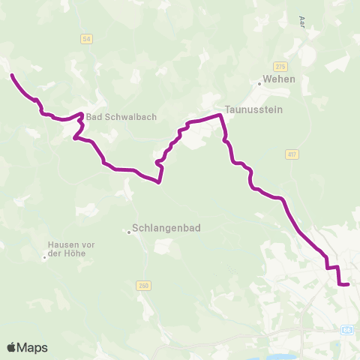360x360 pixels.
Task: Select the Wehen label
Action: coord(279,79)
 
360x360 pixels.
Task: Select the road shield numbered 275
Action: coord(280,66)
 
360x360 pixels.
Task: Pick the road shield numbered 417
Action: coord(292,154)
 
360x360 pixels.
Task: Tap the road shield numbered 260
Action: coord(144,285)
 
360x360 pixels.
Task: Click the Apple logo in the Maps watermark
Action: coord(13,347)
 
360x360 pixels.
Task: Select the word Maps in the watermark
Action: coord(33,347)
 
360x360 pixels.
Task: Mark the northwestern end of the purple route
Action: coord(11,74)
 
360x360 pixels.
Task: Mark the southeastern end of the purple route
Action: coord(349,284)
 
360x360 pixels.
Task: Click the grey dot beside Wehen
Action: coord(259,82)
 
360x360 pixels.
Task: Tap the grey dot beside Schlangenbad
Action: coord(128,232)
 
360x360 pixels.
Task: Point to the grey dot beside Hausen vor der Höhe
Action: coord(45,259)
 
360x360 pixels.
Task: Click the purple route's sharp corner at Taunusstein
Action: coord(220,115)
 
